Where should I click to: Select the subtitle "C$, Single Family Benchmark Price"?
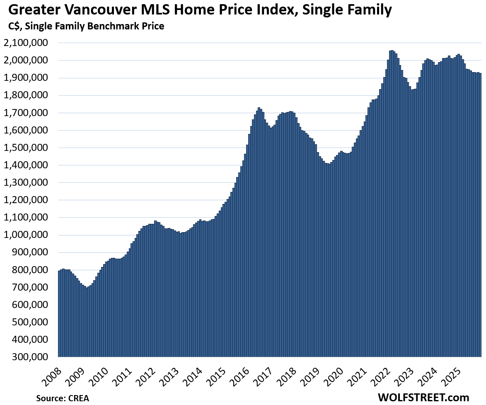click(x=86, y=26)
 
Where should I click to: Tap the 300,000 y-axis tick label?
click(x=31, y=356)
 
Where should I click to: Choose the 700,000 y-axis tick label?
click(x=31, y=287)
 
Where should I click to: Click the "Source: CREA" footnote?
click(x=62, y=398)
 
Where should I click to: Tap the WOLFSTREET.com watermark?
click(x=423, y=397)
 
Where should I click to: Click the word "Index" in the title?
click(x=247, y=10)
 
